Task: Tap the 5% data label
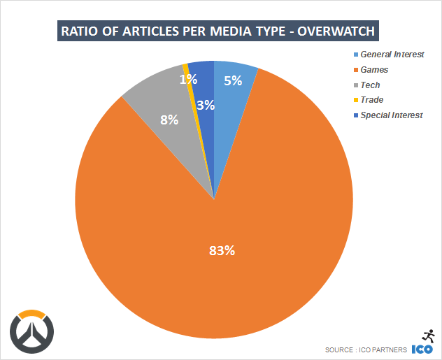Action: coord(233,80)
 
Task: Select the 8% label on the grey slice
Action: coord(169,120)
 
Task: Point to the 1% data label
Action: coord(187,80)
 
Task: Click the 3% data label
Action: coord(206,106)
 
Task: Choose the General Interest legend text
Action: coord(392,55)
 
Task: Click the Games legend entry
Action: coord(374,70)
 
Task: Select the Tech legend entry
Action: coord(370,85)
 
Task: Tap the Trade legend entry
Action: coord(371,100)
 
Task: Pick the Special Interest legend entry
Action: coord(392,115)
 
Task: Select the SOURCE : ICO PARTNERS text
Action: coord(366,350)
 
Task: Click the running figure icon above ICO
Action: coord(427,335)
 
